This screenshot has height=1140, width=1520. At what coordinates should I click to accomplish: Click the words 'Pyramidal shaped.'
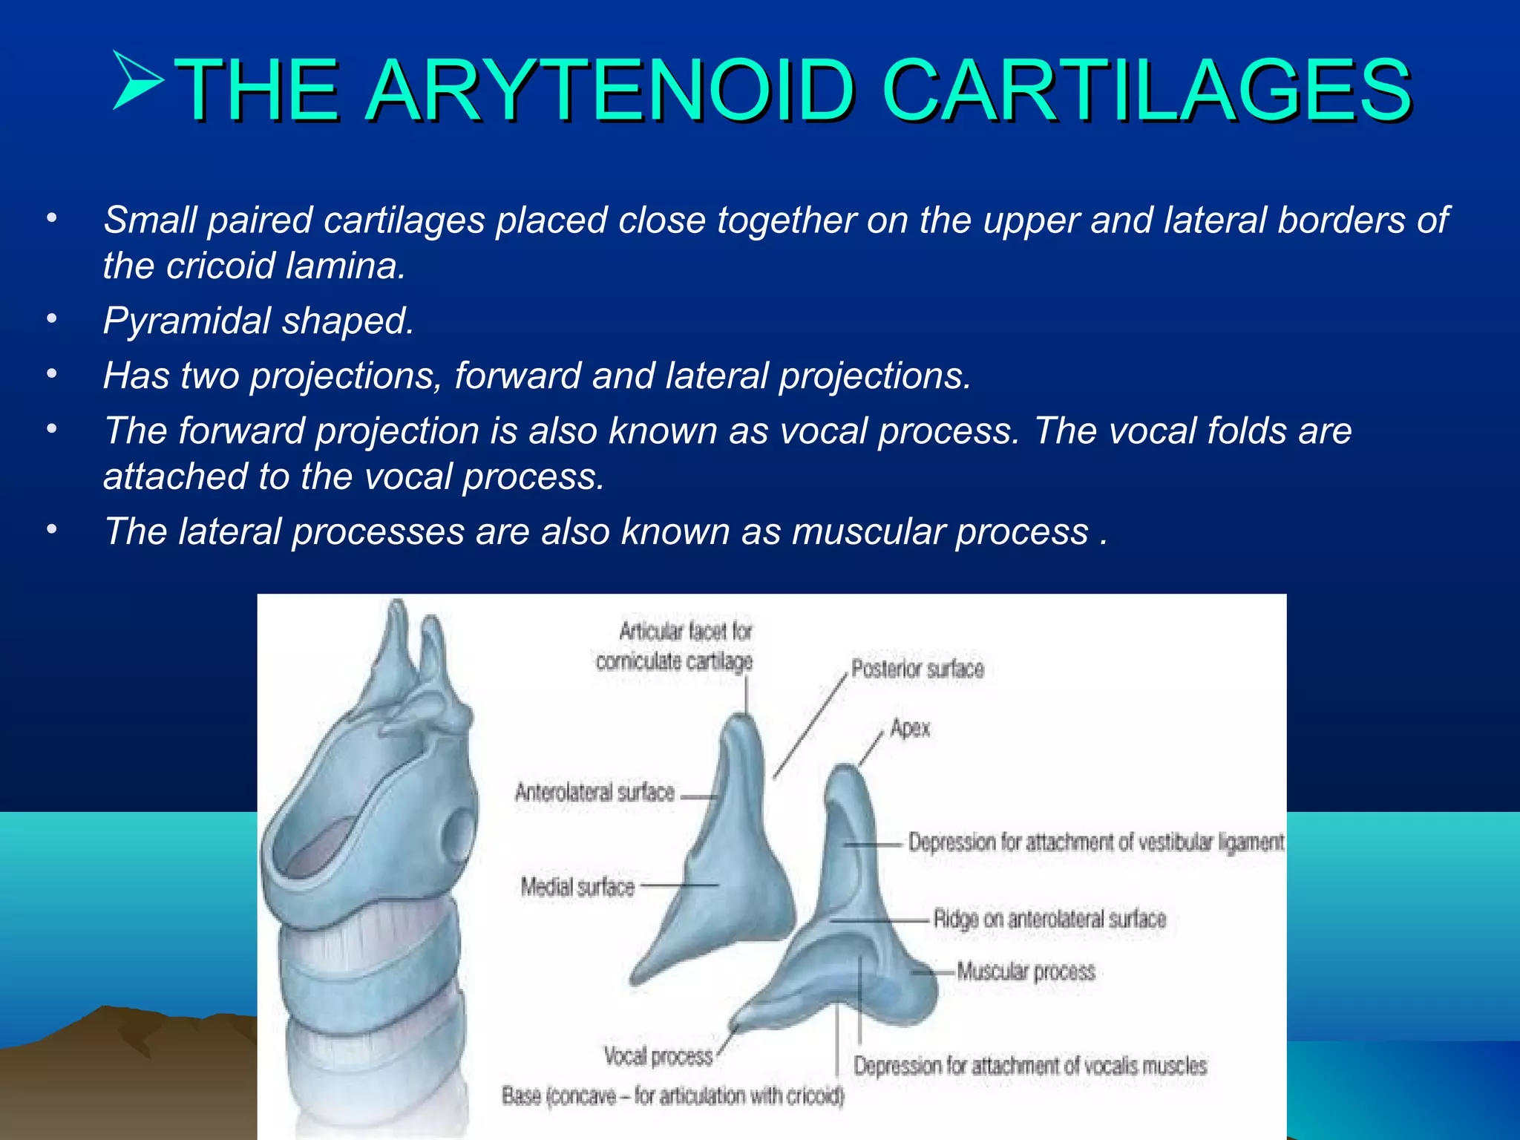pos(258,321)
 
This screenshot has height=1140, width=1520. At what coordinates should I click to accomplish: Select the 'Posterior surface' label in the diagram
pos(917,669)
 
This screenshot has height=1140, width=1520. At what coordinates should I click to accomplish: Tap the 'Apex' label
pos(910,728)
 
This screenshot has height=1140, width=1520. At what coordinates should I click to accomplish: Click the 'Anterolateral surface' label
pos(594,793)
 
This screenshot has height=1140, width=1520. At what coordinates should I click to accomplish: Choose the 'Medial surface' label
pos(577,887)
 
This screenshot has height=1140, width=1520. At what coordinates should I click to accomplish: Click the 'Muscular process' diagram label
pos(1026,972)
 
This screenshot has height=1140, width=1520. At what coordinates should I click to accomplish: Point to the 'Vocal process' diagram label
pos(658,1056)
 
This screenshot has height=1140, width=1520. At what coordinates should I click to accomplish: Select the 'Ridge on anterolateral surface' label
pos(1049,919)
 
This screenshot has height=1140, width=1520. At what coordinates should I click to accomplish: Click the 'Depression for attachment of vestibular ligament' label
pos(1095,842)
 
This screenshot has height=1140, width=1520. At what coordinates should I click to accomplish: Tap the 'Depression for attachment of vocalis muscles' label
pos(1029,1067)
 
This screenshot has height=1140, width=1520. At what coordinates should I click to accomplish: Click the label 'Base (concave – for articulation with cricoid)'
pos(672,1095)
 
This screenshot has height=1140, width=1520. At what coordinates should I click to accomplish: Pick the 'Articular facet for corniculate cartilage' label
pos(674,646)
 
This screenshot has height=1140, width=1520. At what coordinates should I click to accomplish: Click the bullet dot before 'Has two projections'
pos(51,374)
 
